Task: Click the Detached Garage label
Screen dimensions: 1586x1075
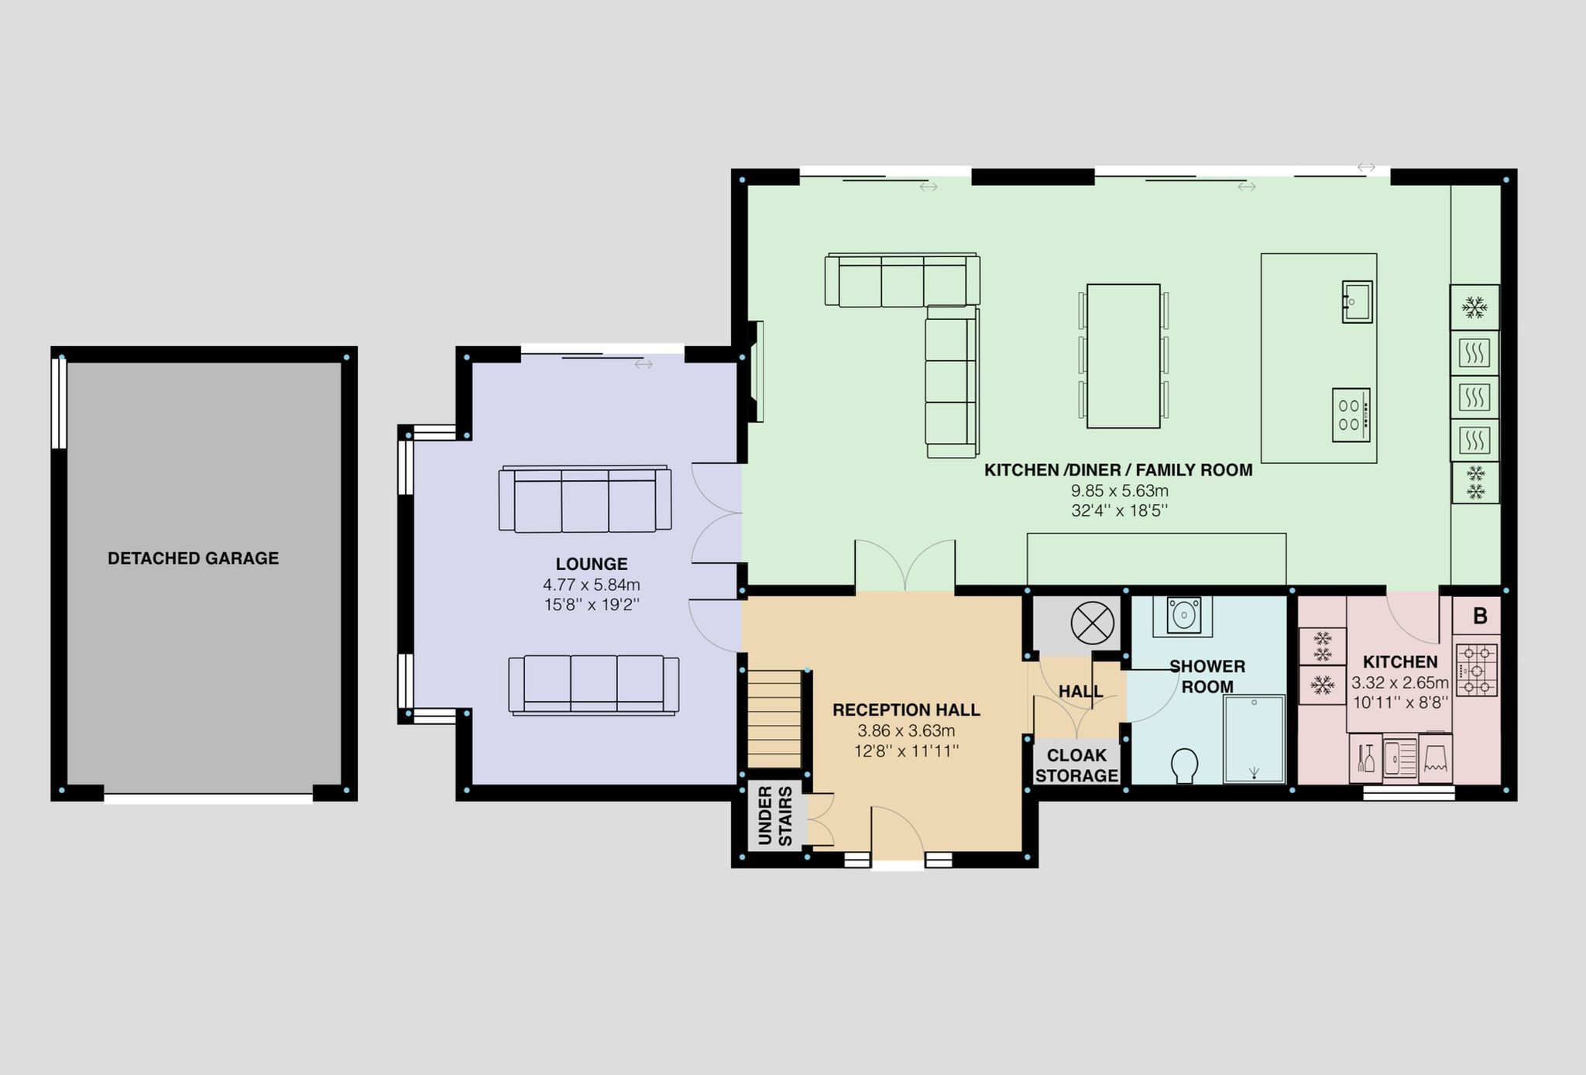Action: click(x=193, y=558)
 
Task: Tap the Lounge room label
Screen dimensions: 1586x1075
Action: click(x=592, y=564)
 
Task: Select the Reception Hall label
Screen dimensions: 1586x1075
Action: click(x=906, y=709)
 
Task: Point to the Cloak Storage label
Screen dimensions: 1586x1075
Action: click(x=1076, y=765)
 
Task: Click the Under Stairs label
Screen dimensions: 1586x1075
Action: click(x=774, y=816)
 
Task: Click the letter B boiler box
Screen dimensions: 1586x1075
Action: click(x=1479, y=616)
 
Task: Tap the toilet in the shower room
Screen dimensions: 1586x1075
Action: click(x=1184, y=765)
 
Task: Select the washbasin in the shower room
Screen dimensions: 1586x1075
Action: click(x=1183, y=616)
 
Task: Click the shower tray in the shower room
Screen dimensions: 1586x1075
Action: click(x=1254, y=739)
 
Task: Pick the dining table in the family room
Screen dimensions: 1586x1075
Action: click(x=1124, y=355)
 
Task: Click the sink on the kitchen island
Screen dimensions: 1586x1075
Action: click(x=1357, y=301)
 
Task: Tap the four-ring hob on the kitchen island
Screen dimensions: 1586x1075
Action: click(x=1351, y=415)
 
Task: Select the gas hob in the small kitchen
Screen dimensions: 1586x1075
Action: click(x=1478, y=670)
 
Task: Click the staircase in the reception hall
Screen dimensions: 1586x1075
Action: click(x=774, y=720)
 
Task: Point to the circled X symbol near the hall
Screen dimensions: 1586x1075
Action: click(x=1092, y=623)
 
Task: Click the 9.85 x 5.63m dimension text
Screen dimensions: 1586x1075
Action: click(x=1119, y=490)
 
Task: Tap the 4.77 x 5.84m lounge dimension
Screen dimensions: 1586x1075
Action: click(x=592, y=585)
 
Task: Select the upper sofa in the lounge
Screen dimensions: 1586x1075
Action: click(x=585, y=499)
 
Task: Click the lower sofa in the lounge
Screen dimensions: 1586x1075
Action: click(x=594, y=685)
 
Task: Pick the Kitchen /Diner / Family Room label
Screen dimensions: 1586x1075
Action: click(x=1118, y=470)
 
